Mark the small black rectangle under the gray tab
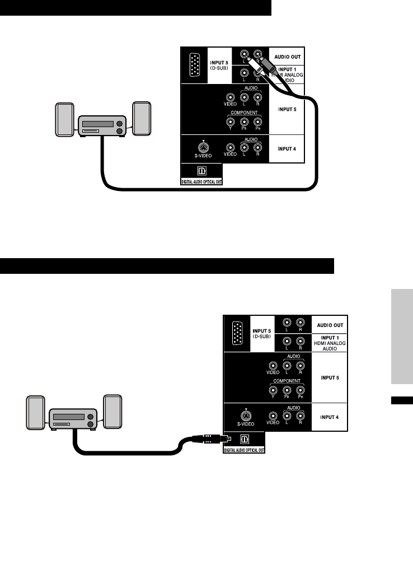(x=401, y=400)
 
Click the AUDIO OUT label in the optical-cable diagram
(x=330, y=325)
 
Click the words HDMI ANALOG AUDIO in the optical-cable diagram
(x=330, y=344)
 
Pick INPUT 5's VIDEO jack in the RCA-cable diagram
(x=230, y=98)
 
